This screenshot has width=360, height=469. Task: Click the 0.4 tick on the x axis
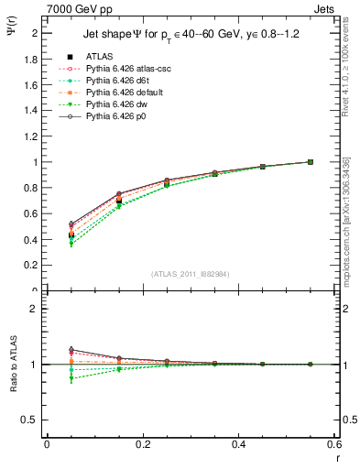[x=239, y=444]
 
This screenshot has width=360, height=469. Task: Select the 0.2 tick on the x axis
[x=143, y=444]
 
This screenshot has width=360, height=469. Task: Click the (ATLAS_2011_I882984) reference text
[x=191, y=275]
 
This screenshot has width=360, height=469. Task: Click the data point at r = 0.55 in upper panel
[x=311, y=162]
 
